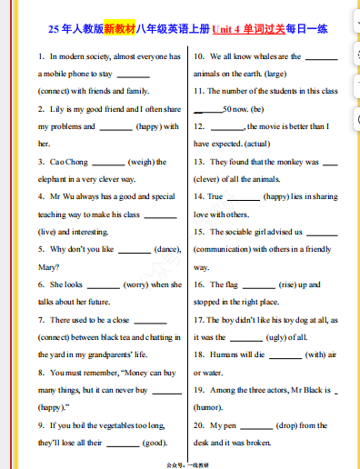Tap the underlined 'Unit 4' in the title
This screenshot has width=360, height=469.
coord(229,29)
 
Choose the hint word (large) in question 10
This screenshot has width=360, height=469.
coord(275,74)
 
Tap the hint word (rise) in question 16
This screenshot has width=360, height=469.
coord(279,284)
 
